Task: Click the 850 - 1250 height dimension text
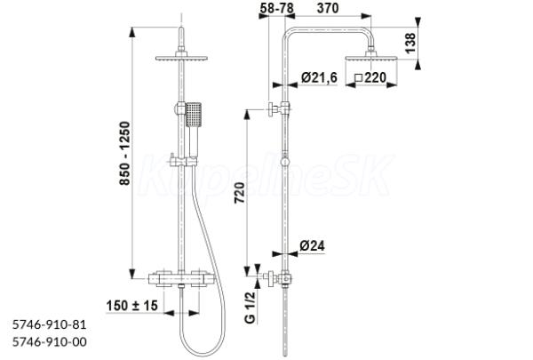[x=125, y=154]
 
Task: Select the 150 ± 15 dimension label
[x=131, y=306]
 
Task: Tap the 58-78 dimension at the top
[x=276, y=8]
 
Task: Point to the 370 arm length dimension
[x=328, y=8]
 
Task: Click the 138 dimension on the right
[x=410, y=43]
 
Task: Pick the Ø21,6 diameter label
[x=319, y=77]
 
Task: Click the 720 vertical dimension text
[x=240, y=193]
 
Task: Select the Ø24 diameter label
[x=312, y=245]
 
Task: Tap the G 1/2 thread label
[x=250, y=308]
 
